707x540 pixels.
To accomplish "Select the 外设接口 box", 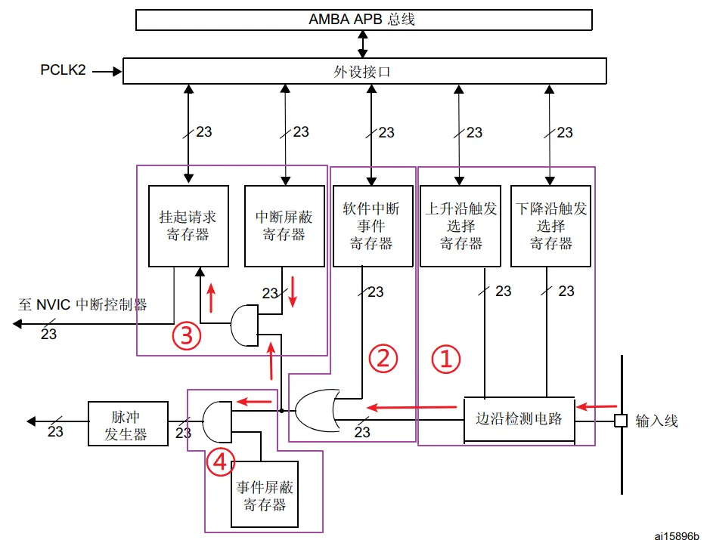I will point(364,72).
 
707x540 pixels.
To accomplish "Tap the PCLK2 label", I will point(64,71).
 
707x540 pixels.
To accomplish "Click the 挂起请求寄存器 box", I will point(188,226).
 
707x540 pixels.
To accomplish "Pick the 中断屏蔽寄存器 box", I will point(284,226).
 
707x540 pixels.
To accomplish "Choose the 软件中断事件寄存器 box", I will point(371,226).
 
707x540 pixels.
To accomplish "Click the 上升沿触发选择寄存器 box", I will point(460,226).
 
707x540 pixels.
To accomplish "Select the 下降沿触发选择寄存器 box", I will point(550,226).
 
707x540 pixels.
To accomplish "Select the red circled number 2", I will point(383,359).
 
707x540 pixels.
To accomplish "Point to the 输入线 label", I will point(656,421).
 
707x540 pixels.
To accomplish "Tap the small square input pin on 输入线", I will point(620,421).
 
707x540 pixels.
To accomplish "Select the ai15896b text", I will point(678,532).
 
